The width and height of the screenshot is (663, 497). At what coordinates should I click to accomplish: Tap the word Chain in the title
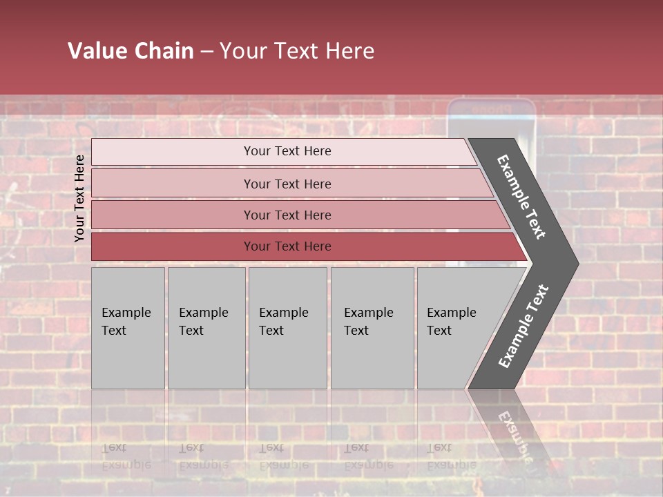(x=164, y=51)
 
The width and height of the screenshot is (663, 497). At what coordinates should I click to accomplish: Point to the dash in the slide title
(x=206, y=52)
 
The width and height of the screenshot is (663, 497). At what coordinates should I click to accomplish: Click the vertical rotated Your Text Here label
(x=80, y=199)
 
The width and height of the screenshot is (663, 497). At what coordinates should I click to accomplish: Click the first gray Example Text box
(x=128, y=328)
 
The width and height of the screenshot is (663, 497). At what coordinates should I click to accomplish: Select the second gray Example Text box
(x=206, y=328)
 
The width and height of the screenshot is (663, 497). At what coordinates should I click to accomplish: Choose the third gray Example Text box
(x=287, y=328)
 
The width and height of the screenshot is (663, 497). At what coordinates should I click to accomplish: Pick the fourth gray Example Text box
(x=372, y=328)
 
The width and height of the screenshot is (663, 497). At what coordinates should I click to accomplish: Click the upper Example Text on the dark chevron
(x=521, y=197)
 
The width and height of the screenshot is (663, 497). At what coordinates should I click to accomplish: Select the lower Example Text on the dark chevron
(x=523, y=326)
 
